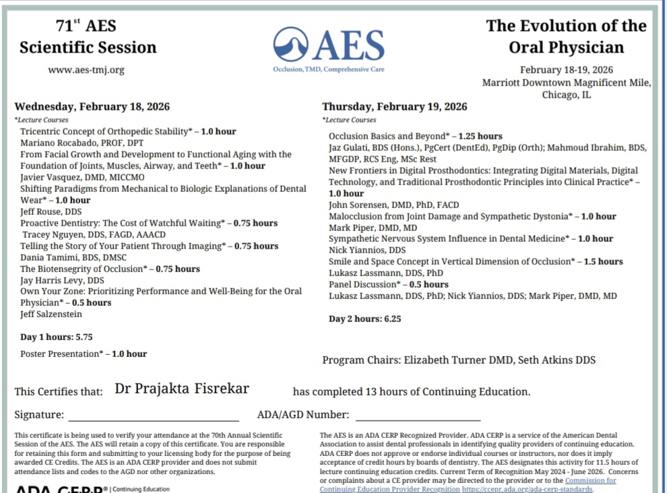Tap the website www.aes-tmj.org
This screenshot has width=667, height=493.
click(x=86, y=69)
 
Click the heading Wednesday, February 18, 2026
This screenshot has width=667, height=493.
click(x=92, y=106)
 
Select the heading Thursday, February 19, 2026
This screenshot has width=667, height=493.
click(x=394, y=106)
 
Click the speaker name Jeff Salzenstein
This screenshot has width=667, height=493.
click(x=51, y=314)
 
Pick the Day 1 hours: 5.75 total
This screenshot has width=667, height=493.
click(x=56, y=337)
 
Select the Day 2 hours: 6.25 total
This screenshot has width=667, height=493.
click(x=364, y=319)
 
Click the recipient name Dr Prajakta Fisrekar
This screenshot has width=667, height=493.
click(x=182, y=389)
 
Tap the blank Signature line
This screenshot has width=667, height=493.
click(x=154, y=416)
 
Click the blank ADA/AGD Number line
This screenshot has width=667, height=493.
click(x=418, y=416)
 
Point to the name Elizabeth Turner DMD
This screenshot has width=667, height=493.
click(x=458, y=360)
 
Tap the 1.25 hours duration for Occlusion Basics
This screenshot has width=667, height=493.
click(x=480, y=136)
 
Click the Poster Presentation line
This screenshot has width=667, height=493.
click(x=83, y=354)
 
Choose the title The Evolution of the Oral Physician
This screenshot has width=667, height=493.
click(x=566, y=36)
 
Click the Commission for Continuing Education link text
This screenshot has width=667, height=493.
click(x=590, y=480)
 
